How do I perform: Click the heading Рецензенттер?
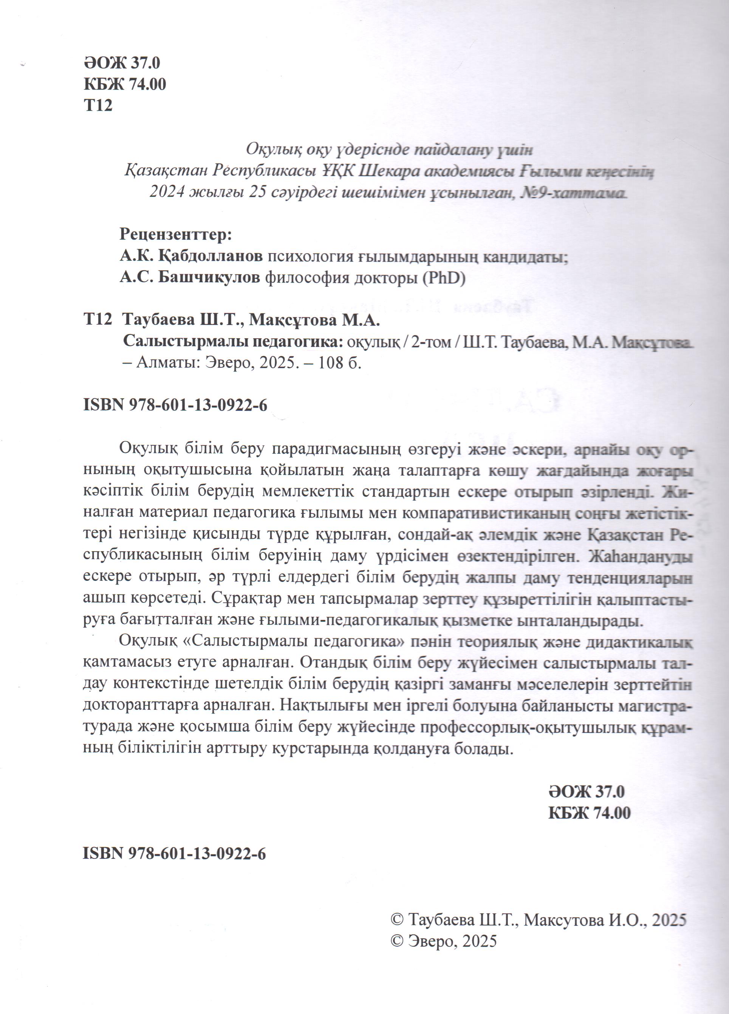(176, 234)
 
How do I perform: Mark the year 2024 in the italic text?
(167, 193)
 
